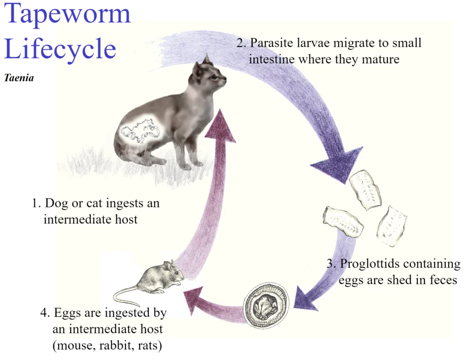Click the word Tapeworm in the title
click(67, 14)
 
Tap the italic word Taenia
click(19, 78)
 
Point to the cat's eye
click(214, 77)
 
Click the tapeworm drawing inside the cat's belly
click(139, 131)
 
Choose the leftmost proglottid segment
click(343, 221)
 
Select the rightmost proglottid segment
click(392, 226)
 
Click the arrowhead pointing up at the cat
click(220, 125)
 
